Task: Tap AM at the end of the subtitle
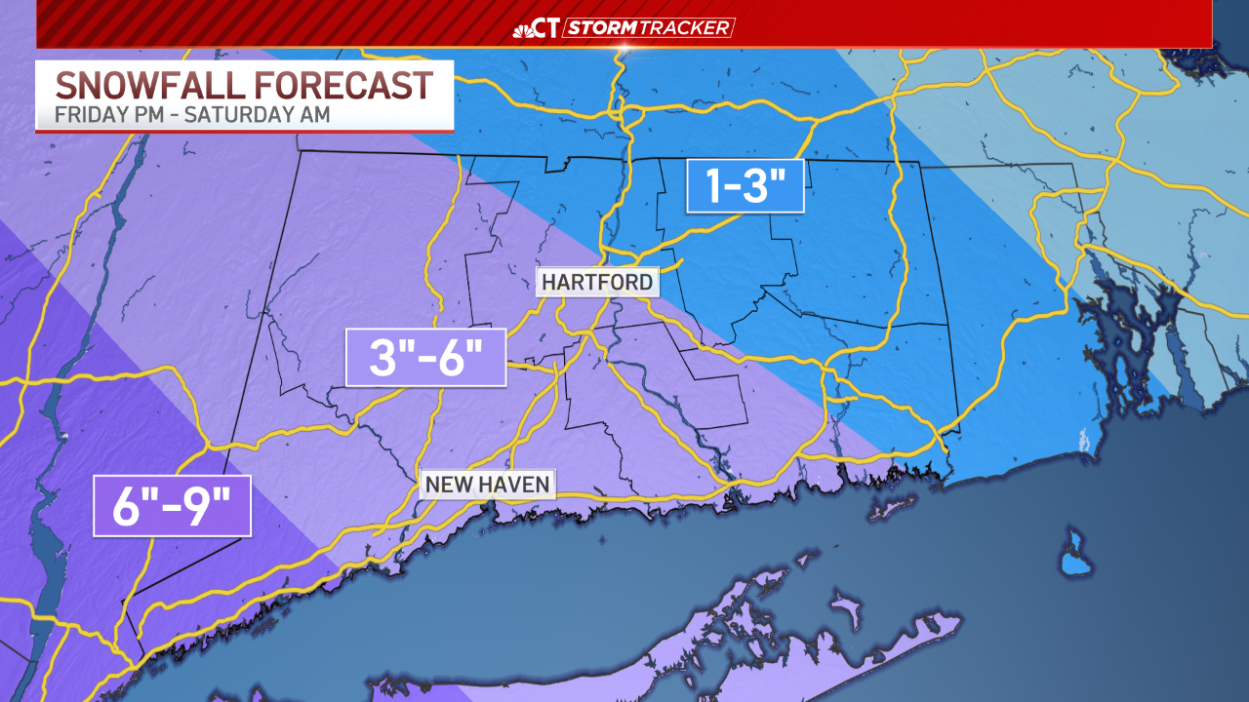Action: pyautogui.click(x=313, y=114)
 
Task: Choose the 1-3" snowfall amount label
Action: pyautogui.click(x=745, y=185)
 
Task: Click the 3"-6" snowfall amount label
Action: pyautogui.click(x=425, y=357)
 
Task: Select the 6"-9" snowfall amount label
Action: pyautogui.click(x=172, y=505)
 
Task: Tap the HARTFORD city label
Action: pyautogui.click(x=596, y=283)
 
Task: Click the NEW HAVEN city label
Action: pyautogui.click(x=487, y=484)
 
